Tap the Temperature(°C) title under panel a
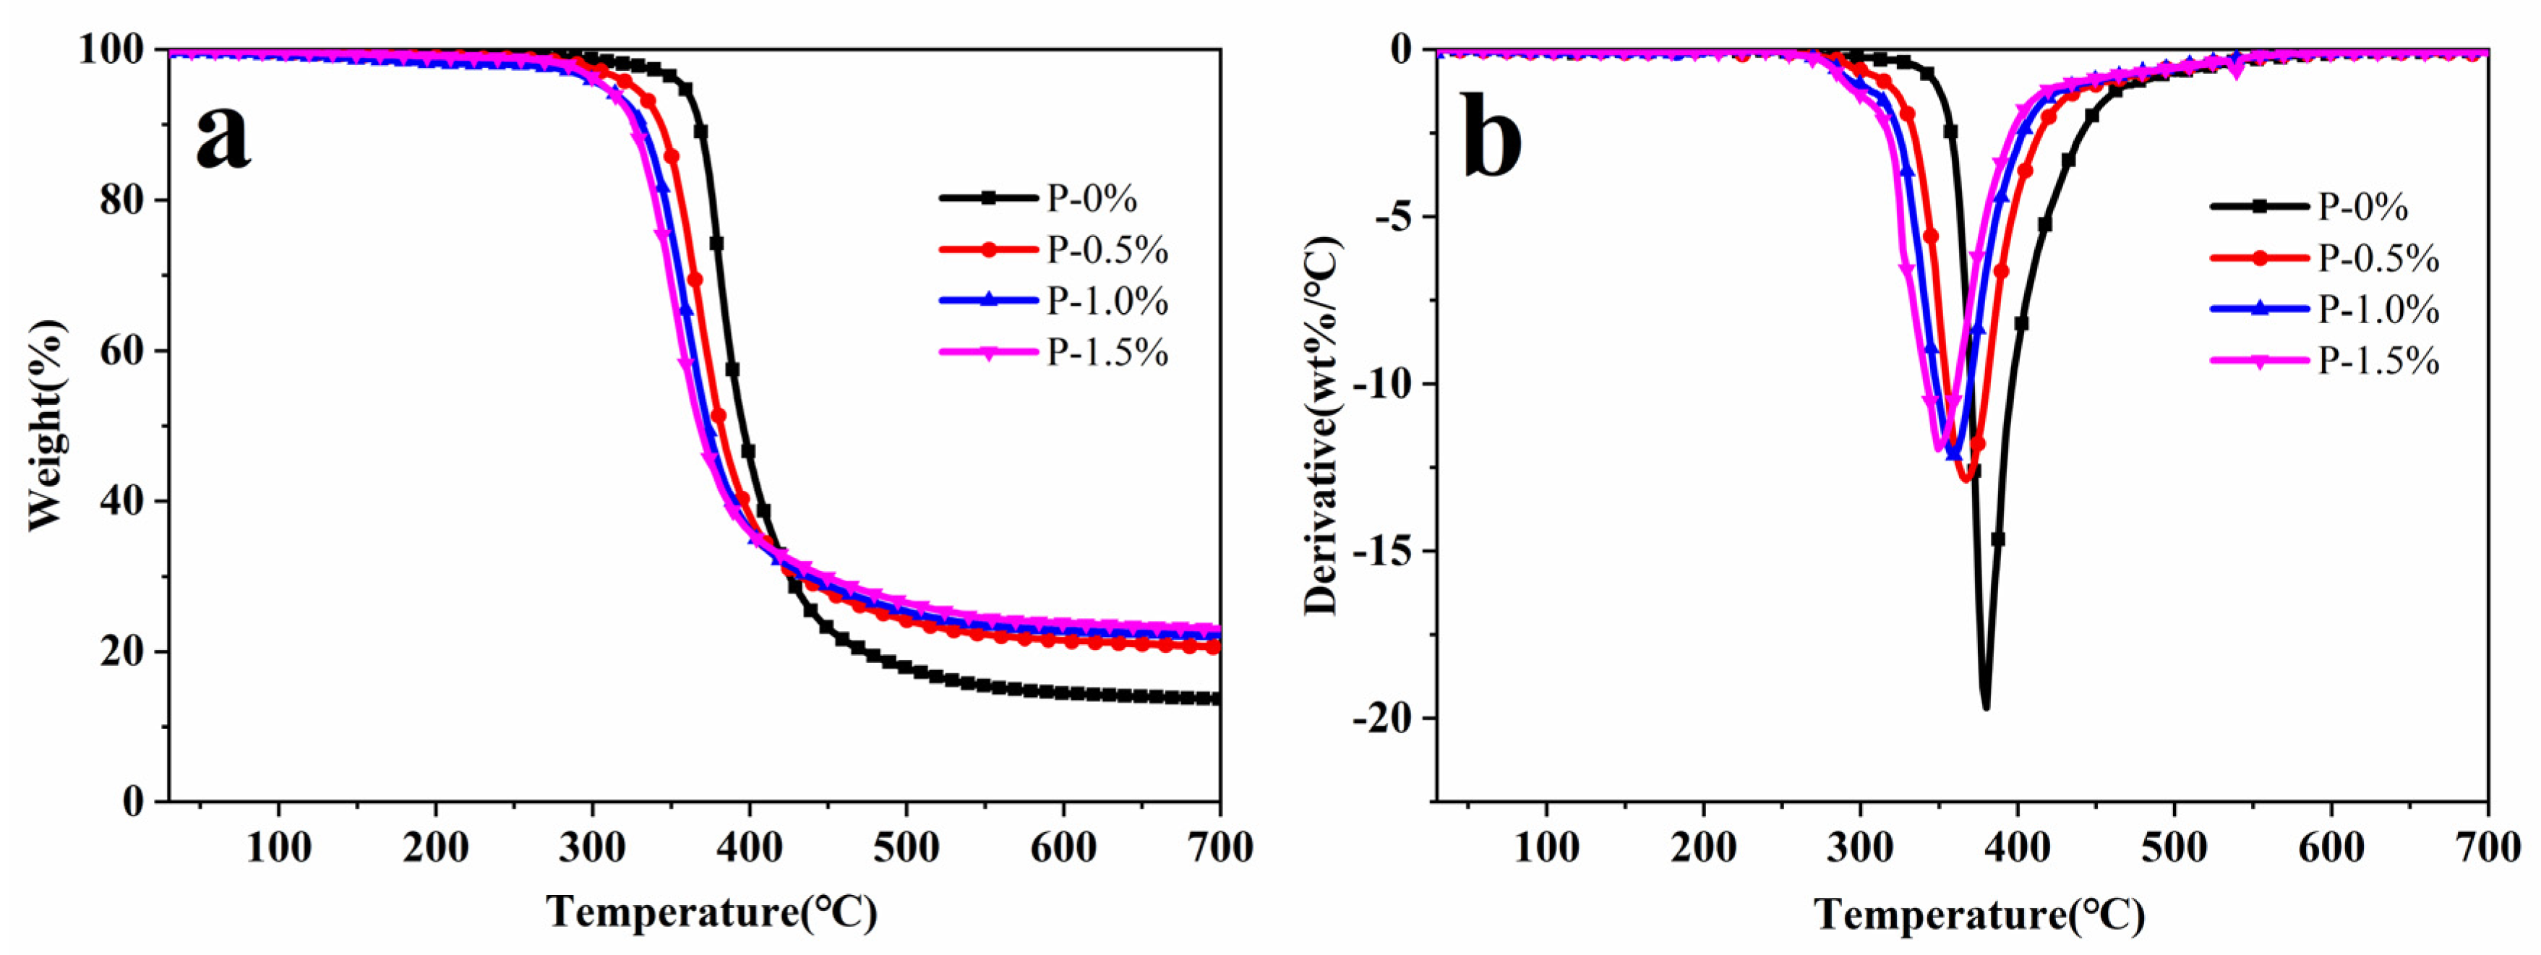click(711, 912)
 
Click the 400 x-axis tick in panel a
click(749, 847)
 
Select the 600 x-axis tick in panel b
click(2331, 847)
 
